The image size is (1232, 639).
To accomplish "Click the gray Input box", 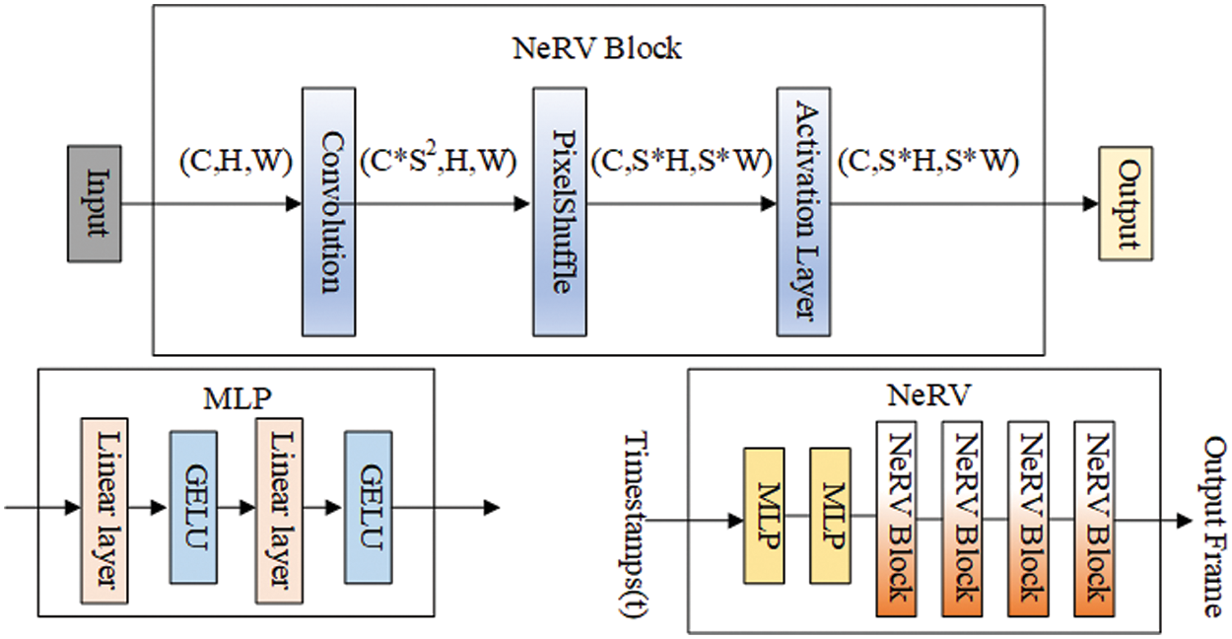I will [95, 204].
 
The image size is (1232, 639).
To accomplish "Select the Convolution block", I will [328, 211].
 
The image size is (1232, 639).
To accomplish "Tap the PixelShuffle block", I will [560, 211].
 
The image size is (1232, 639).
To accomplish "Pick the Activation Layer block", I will [802, 211].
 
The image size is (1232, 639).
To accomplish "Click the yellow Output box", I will [1125, 204].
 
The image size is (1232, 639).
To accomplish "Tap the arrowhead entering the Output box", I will [1089, 204].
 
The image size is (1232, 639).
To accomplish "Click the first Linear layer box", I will [105, 510].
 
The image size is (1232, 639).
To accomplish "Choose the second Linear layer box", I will [279, 510].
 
